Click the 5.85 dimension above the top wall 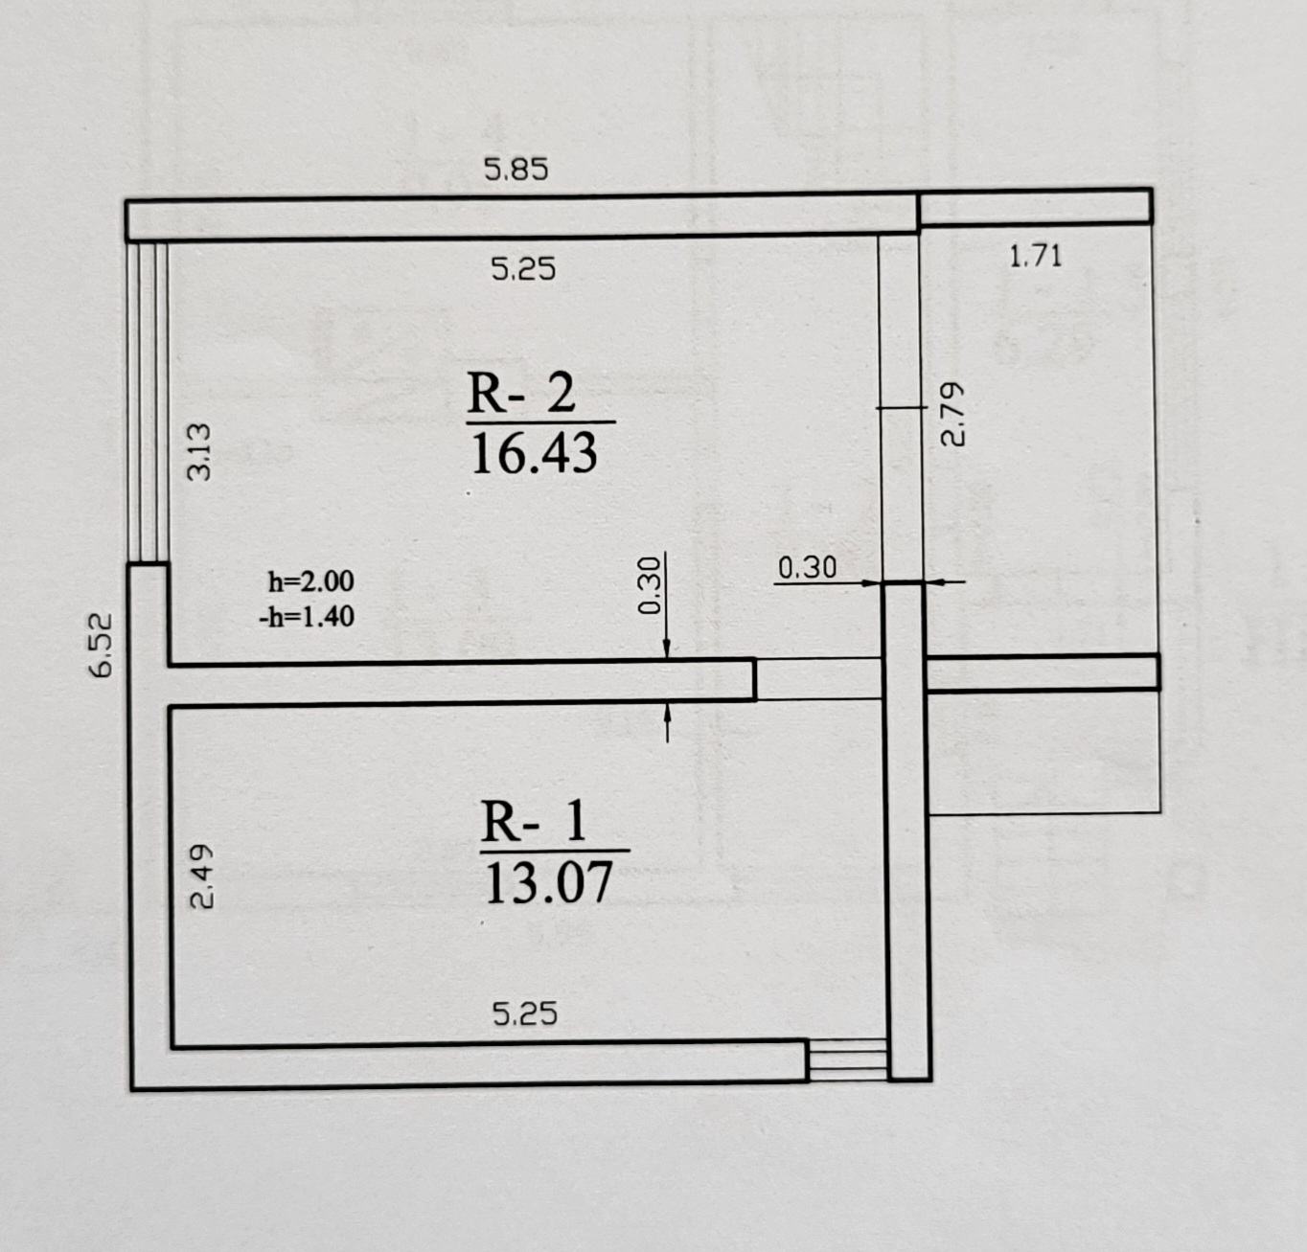click(516, 170)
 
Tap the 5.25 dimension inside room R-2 click(523, 269)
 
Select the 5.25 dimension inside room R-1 click(524, 1013)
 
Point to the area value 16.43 click(535, 454)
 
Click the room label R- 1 click(534, 823)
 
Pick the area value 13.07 click(549, 883)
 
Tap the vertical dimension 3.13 click(198, 451)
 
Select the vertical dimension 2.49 click(202, 876)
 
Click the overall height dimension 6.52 click(103, 645)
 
